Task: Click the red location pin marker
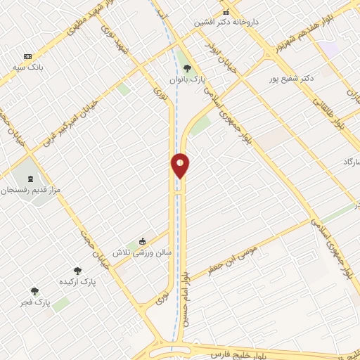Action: coord(180,166)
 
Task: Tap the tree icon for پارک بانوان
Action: coord(187,68)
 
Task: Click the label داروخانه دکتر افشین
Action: coord(227,22)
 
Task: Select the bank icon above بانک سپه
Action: coord(27,56)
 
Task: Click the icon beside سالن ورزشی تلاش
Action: coord(143,240)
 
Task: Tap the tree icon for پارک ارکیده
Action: coord(77,270)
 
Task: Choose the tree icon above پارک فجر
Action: coord(34,291)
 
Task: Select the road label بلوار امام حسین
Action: coord(186,295)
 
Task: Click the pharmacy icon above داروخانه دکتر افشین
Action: coord(226,12)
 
